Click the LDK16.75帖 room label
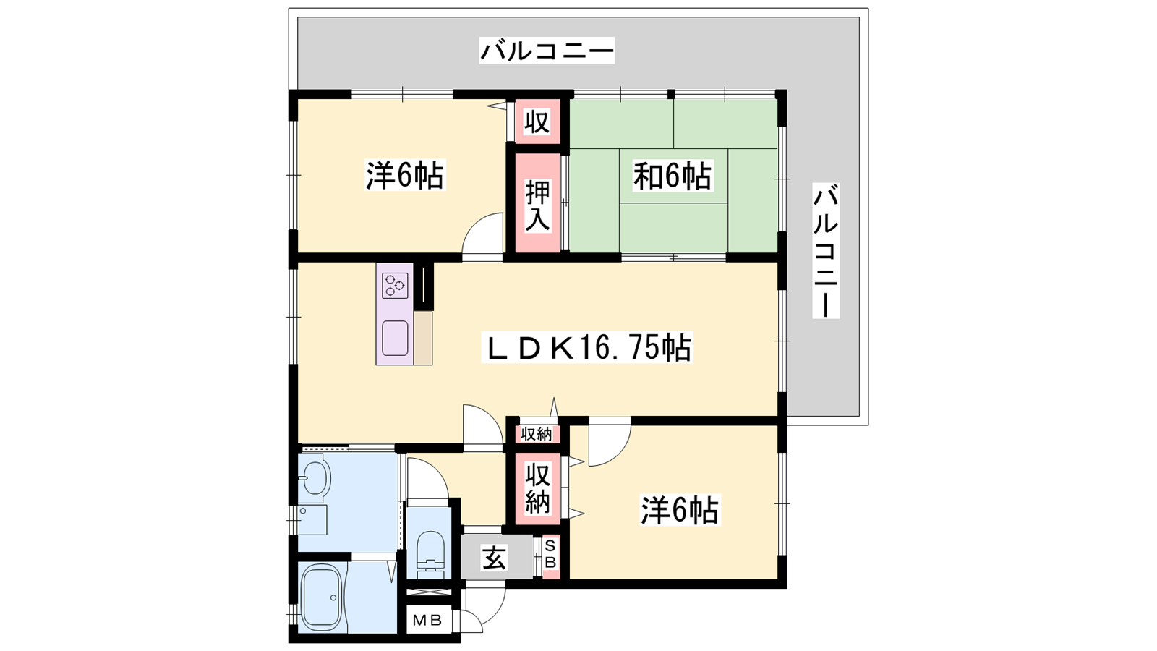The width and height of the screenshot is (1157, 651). (x=586, y=348)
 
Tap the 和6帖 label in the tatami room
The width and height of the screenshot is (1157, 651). (x=672, y=176)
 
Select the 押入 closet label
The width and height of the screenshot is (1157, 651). (x=538, y=206)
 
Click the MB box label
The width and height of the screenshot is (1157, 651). (x=427, y=620)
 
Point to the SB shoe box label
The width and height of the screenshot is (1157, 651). (x=550, y=553)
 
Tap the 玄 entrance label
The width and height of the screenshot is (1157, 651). (x=495, y=558)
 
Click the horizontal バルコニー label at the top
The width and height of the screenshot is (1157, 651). (x=547, y=51)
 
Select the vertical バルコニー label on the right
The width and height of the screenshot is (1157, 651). (x=825, y=250)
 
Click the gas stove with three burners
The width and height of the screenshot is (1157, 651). (x=395, y=286)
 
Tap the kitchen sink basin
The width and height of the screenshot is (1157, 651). (x=395, y=339)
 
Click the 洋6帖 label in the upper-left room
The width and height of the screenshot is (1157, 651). (x=405, y=176)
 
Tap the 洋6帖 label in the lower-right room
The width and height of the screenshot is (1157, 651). (x=680, y=511)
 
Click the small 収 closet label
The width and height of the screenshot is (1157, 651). (x=537, y=122)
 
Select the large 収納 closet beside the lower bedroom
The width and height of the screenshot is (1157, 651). (x=538, y=488)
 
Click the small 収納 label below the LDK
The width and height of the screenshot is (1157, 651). (x=537, y=435)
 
